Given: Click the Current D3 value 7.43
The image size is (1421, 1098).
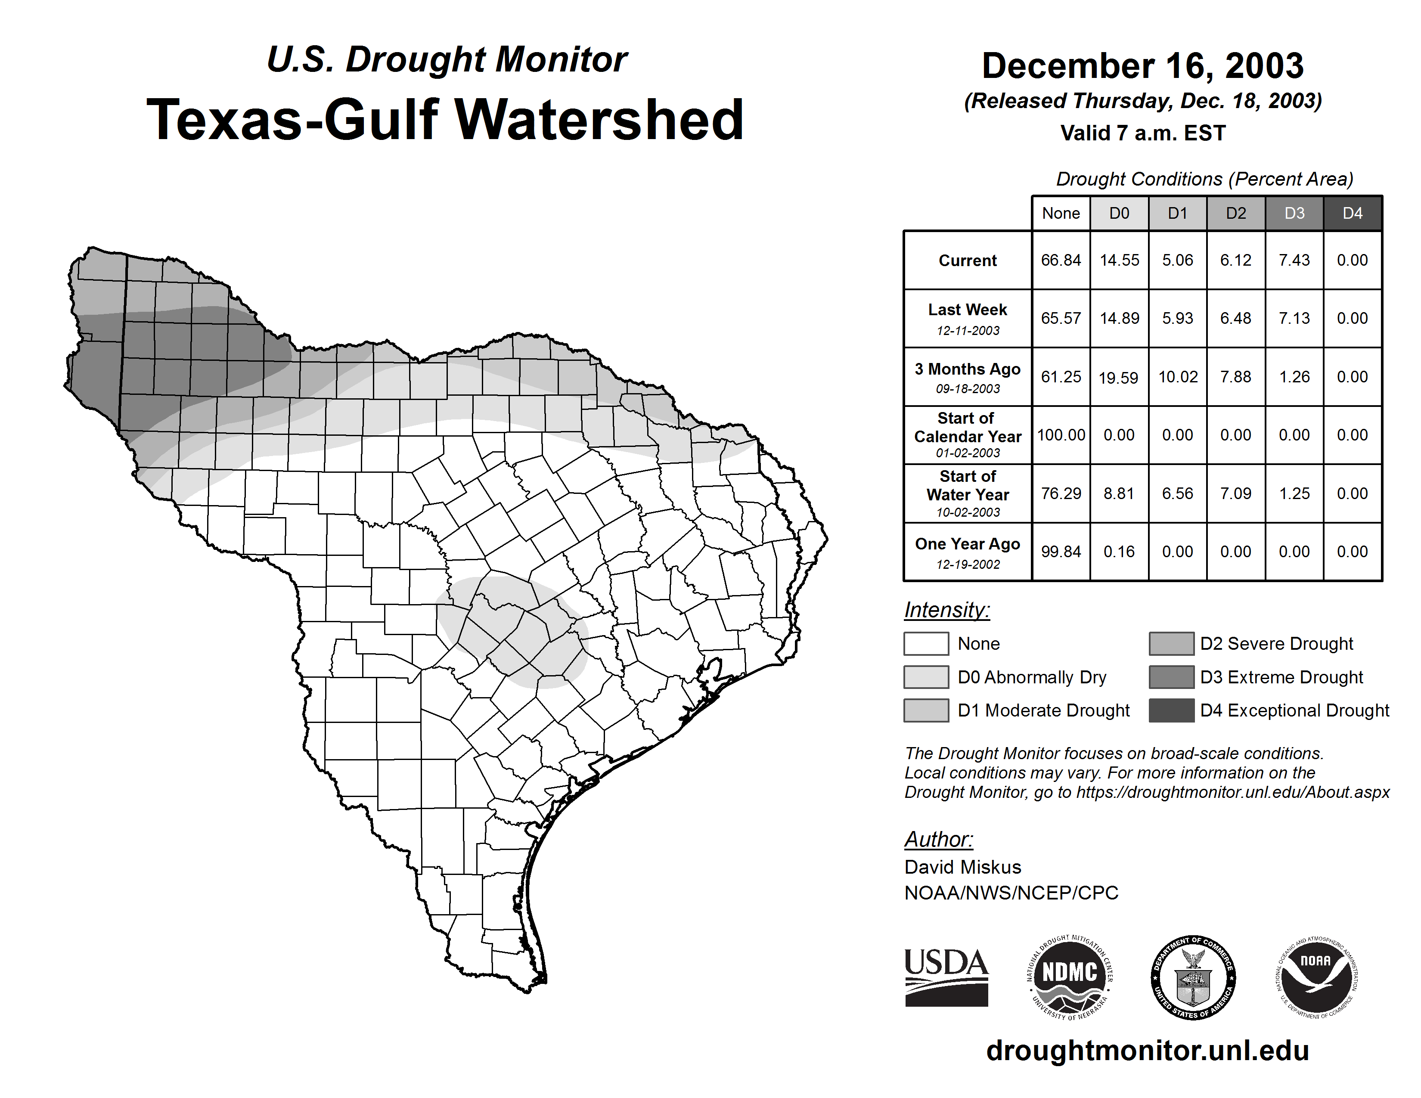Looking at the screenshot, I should click(1294, 260).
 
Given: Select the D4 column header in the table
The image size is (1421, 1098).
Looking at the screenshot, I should click(1352, 213).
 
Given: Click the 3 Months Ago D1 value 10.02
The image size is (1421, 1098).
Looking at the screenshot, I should click(1178, 377).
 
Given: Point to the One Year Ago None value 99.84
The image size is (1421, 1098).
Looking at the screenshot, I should click(1061, 552).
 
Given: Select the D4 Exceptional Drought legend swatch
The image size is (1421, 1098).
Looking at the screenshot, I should click(1171, 710).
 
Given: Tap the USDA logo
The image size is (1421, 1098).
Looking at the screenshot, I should click(946, 977).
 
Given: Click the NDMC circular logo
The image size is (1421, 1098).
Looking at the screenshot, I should click(1070, 977).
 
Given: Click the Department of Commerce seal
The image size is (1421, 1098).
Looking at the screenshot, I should click(1193, 977).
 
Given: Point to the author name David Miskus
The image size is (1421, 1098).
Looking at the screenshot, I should click(962, 867).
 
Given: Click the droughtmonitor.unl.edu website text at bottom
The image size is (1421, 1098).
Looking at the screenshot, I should click(1147, 1051).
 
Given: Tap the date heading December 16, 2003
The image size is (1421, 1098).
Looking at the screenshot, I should click(1142, 66).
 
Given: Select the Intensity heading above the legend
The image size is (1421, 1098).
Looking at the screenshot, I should click(946, 610).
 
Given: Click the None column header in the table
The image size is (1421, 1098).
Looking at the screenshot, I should click(1061, 213).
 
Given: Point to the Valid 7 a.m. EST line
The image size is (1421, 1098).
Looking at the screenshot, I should click(1142, 133).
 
